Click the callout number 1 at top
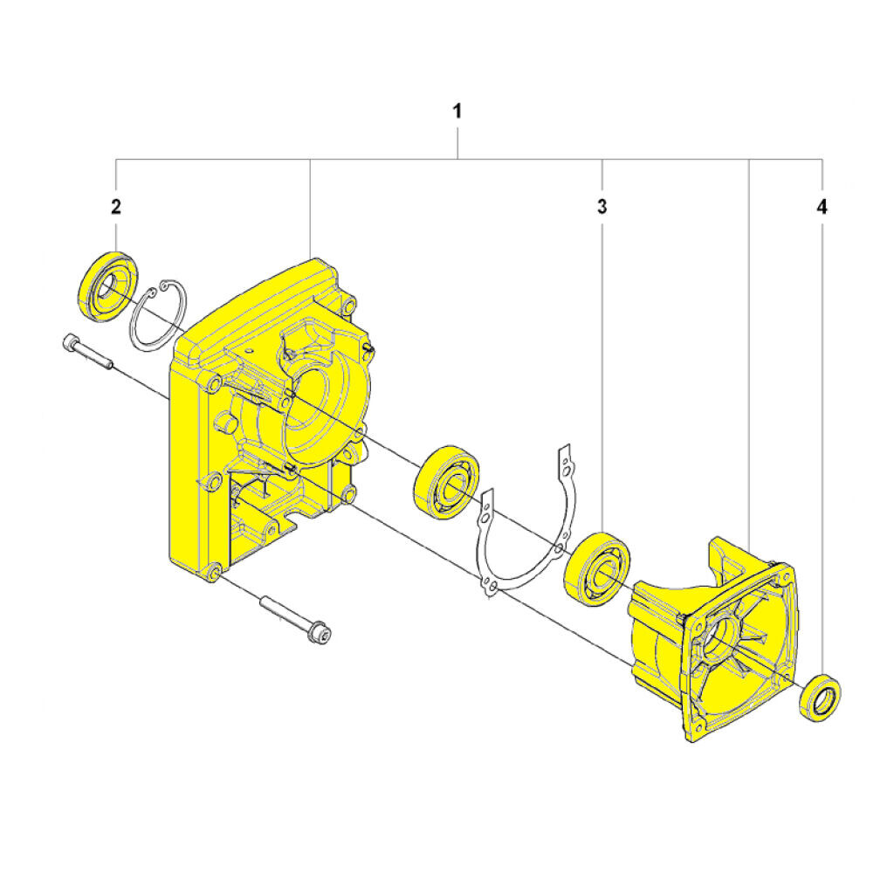pyautogui.click(x=457, y=111)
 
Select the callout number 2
pyautogui.click(x=116, y=207)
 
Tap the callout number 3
pyautogui.click(x=602, y=207)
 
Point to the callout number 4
pyautogui.click(x=821, y=207)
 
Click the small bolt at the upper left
pyautogui.click(x=87, y=354)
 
